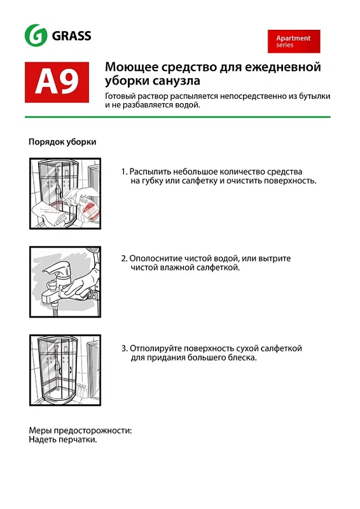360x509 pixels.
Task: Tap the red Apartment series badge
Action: coord(293,41)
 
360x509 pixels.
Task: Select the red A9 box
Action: coord(57,82)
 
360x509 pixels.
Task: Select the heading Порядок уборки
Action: coord(62,142)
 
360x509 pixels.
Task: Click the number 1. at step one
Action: coord(124,172)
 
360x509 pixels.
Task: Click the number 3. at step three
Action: coord(125,348)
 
